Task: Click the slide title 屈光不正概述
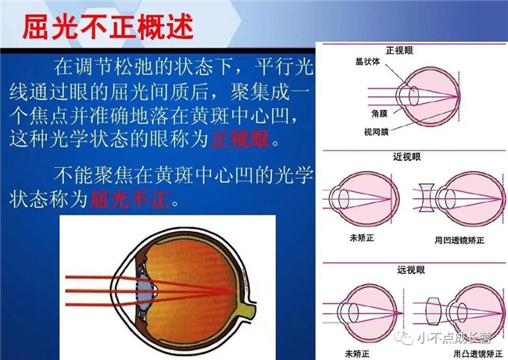pos(108,27)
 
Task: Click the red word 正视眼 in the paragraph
pos(240,140)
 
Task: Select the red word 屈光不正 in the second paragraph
pos(130,199)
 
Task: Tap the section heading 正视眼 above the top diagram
pos(399,51)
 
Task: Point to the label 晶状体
pos(368,62)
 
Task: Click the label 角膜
pos(379,113)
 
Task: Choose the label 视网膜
pos(376,132)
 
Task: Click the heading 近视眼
pos(407,157)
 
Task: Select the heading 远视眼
pos(411,270)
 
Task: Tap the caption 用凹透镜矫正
pos(460,241)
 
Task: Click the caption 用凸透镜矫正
pos(478,354)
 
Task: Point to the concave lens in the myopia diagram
pos(427,198)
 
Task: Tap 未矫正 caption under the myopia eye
pos(362,238)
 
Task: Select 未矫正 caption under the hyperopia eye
pos(357,354)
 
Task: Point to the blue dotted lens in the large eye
pos(146,292)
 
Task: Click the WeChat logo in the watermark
pos(404,338)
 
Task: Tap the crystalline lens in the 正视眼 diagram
pos(413,96)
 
